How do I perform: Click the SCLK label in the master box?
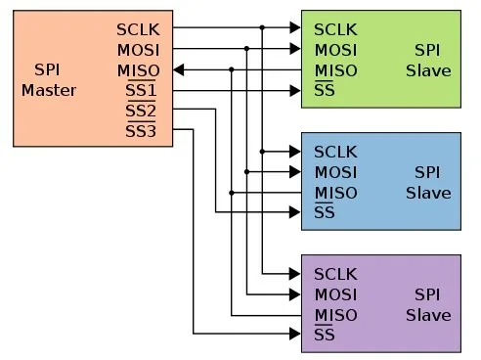point(138,29)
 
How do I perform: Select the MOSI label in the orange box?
point(139,50)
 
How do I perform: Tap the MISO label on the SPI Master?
point(139,70)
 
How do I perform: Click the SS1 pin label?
point(141,89)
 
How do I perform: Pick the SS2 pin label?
point(141,110)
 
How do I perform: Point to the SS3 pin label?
point(141,130)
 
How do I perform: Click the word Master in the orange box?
point(49,91)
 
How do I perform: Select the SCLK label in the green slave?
point(335,29)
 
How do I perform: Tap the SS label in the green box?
point(325,89)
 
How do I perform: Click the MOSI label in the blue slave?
point(335,172)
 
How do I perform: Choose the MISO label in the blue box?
point(336,193)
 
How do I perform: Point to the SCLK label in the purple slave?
point(335,274)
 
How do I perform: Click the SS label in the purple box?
point(325,334)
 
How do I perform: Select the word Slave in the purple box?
point(428,315)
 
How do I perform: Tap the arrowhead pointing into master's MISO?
point(178,69)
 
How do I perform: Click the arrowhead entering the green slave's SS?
point(295,90)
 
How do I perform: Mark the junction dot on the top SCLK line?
point(262,27)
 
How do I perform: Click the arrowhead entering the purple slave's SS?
point(295,334)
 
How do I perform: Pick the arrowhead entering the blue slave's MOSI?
point(295,171)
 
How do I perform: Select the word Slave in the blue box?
point(428,193)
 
